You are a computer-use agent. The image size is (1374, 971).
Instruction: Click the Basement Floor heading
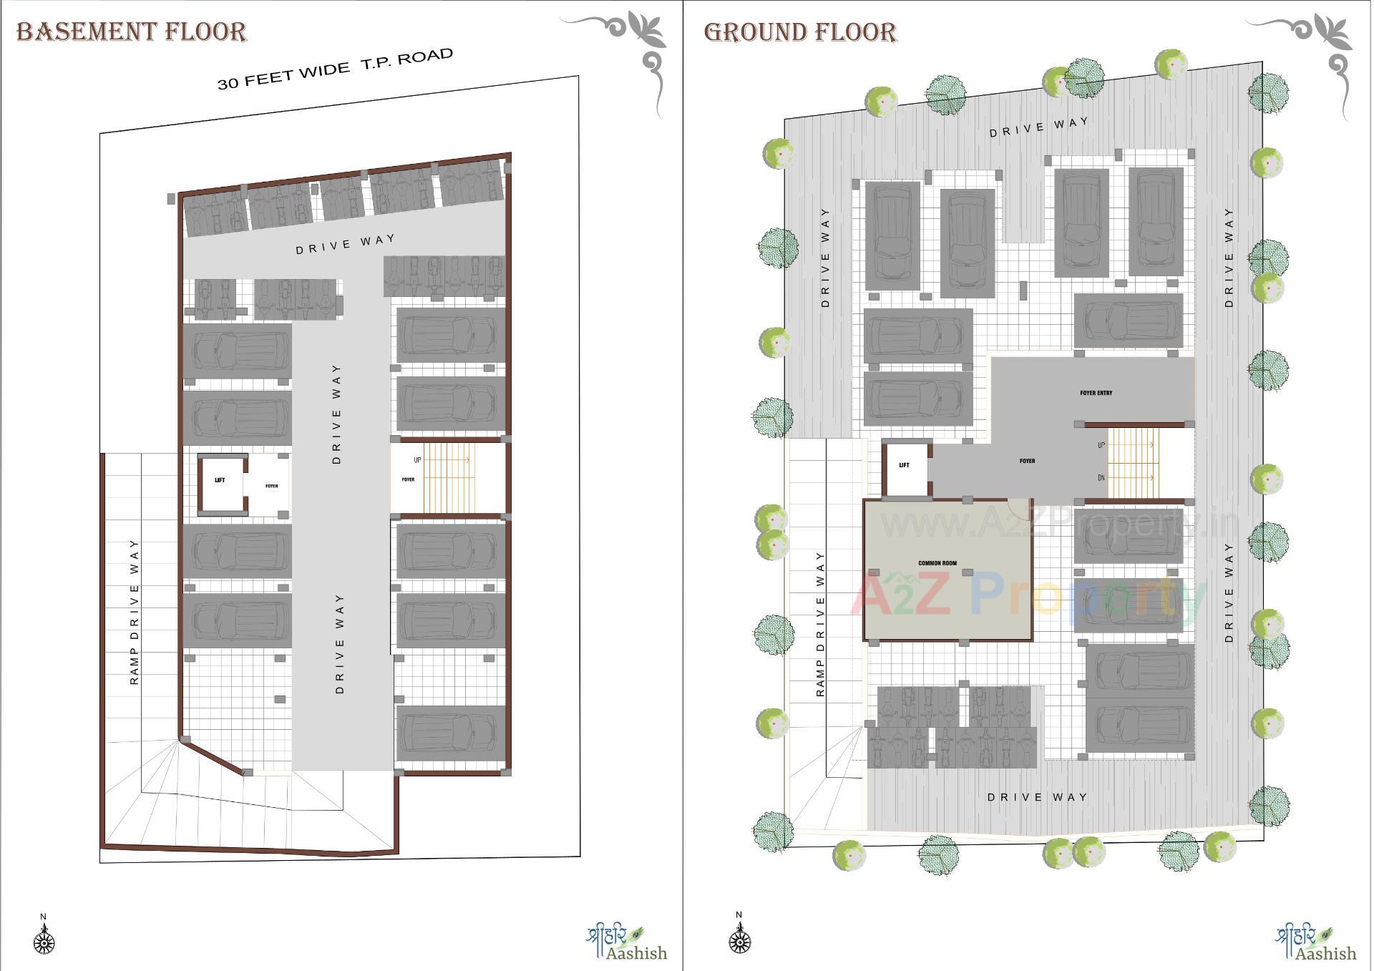pyautogui.click(x=132, y=32)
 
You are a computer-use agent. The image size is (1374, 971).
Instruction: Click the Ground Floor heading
pyautogui.click(x=800, y=32)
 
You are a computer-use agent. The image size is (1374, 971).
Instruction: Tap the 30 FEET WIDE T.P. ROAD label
pyautogui.click(x=335, y=69)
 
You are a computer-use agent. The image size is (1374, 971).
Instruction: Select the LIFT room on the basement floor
pyautogui.click(x=221, y=483)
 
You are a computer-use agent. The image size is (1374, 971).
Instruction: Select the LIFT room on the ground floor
pyautogui.click(x=905, y=469)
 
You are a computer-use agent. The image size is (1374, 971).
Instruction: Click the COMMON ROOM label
pyautogui.click(x=937, y=563)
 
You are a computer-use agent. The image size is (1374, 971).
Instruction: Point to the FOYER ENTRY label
pyautogui.click(x=1096, y=393)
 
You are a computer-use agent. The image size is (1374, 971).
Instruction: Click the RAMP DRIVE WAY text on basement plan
pyautogui.click(x=135, y=613)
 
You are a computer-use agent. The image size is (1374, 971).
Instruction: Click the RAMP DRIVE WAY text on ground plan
pyautogui.click(x=820, y=624)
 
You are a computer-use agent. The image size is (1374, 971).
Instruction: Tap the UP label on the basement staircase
pyautogui.click(x=417, y=460)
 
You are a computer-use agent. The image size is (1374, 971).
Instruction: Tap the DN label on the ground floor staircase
pyautogui.click(x=1101, y=477)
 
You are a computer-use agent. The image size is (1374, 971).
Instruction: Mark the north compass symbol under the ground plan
pyautogui.click(x=739, y=938)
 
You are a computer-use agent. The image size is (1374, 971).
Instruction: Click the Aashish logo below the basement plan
pyautogui.click(x=626, y=944)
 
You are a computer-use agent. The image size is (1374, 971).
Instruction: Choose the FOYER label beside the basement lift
pyautogui.click(x=272, y=486)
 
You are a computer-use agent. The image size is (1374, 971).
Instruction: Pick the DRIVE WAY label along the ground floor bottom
pyautogui.click(x=1037, y=797)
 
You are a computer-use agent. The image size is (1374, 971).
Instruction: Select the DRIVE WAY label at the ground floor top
pyautogui.click(x=1038, y=127)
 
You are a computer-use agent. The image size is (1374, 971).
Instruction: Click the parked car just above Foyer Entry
pyautogui.click(x=1129, y=321)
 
